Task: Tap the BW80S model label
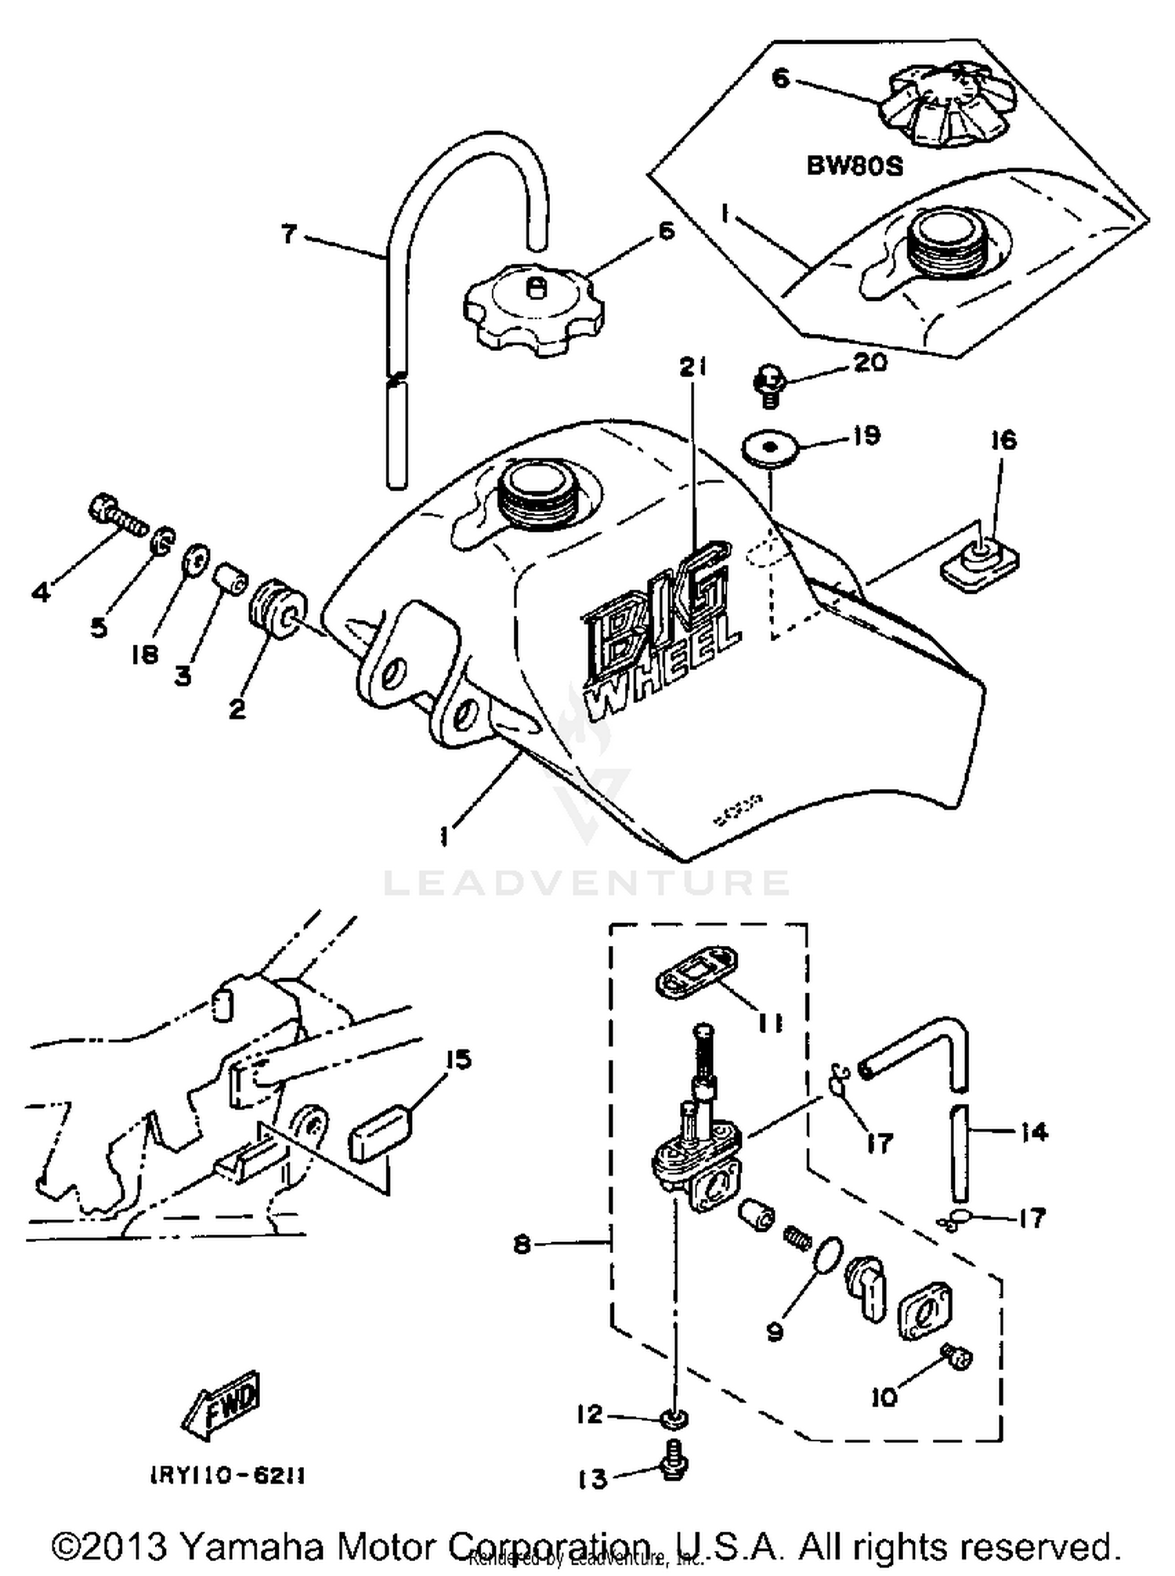coord(855,167)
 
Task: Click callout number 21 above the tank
coord(692,366)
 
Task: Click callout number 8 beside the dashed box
coord(522,1244)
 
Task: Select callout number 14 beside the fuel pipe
coord(1033,1132)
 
